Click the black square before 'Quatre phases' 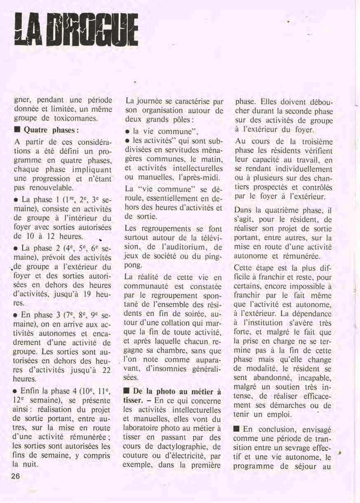(x=17, y=130)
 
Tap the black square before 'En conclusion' (x=237, y=428)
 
